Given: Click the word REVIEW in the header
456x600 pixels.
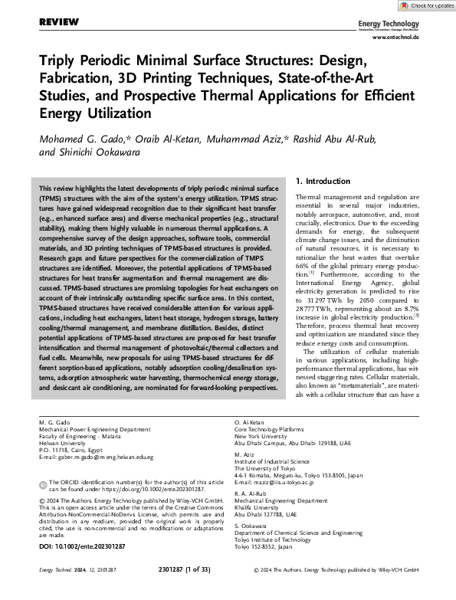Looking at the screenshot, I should tap(59, 25).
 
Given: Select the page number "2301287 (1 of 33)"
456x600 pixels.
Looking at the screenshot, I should tap(228, 591).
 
